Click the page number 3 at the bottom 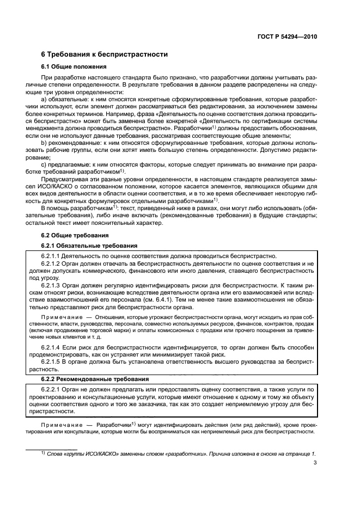click(315, 463)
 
